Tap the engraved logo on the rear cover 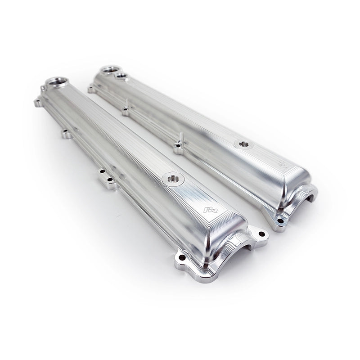click(x=282, y=164)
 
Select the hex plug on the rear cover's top click(x=243, y=144)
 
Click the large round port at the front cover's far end click(x=57, y=82)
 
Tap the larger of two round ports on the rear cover click(x=109, y=70)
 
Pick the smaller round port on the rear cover click(x=121, y=76)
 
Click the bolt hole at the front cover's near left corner click(x=182, y=258)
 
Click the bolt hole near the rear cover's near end click(x=280, y=220)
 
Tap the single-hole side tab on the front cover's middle click(x=66, y=133)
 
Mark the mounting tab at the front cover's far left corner click(x=38, y=103)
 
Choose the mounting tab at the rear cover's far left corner click(x=92, y=89)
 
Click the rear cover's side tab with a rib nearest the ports click(x=126, y=110)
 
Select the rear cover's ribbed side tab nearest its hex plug click(x=179, y=145)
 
